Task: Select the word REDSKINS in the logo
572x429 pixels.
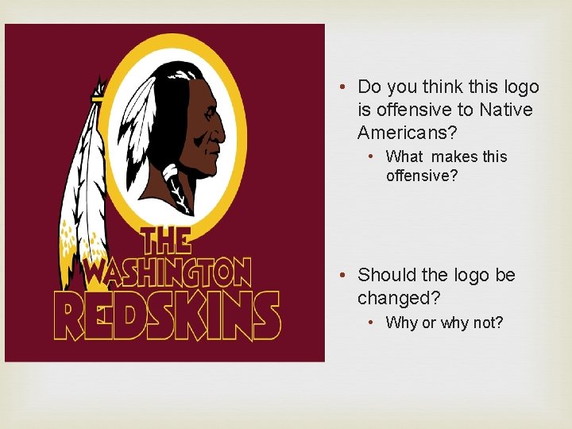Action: point(167,315)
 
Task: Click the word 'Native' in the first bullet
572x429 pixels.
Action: point(505,110)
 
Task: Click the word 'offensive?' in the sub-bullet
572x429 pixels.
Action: point(422,176)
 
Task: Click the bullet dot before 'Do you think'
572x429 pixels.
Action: point(339,87)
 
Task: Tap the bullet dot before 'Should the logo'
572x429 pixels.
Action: point(339,275)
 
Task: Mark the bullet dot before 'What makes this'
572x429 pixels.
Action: point(370,157)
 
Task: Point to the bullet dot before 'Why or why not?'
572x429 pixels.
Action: point(370,323)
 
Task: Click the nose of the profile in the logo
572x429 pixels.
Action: point(223,127)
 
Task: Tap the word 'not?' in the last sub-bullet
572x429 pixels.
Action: point(488,323)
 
